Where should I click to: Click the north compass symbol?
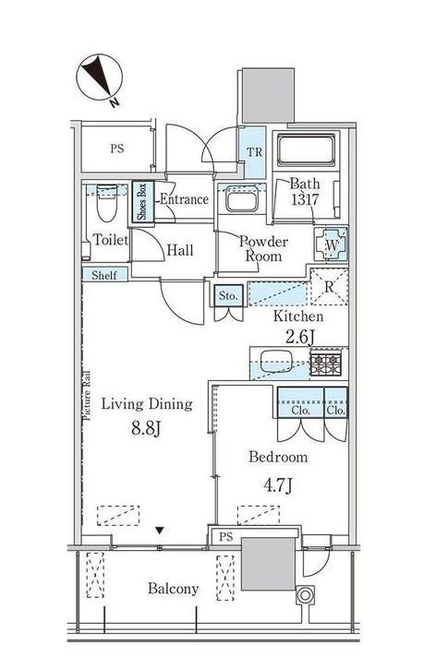tap(100, 78)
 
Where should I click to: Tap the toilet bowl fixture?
tap(106, 203)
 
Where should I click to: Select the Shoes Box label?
tap(142, 201)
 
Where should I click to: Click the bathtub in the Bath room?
tap(306, 149)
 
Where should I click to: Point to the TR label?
tap(254, 151)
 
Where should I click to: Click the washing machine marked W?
tap(332, 245)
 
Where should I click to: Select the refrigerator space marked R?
tap(330, 287)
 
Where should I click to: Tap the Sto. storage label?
tap(228, 295)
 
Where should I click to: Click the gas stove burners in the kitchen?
tap(326, 364)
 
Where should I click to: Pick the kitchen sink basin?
tap(278, 361)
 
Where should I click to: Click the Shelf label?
tap(104, 275)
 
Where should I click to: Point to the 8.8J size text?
tap(146, 428)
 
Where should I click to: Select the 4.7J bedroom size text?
tap(277, 484)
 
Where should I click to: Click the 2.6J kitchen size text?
tap(299, 337)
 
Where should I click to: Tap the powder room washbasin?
tap(241, 200)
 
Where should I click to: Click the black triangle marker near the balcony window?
tap(160, 531)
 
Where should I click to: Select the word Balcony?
tap(173, 589)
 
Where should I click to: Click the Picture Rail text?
tap(87, 396)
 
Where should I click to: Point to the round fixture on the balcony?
tap(305, 595)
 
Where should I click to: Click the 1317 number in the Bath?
tap(306, 199)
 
